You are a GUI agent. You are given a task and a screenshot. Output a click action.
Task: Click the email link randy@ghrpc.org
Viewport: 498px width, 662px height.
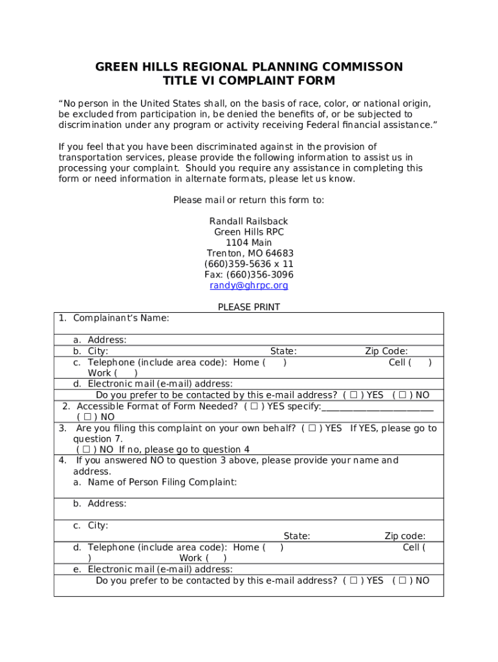click(x=249, y=285)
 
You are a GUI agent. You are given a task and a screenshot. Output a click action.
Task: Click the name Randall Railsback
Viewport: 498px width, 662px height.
click(x=249, y=221)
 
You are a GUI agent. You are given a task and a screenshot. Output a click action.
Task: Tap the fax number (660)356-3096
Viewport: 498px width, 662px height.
click(x=249, y=275)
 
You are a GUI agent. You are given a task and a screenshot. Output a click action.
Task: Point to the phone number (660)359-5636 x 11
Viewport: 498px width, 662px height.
click(x=249, y=264)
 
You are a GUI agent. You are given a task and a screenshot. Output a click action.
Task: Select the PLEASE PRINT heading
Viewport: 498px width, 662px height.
click(x=249, y=307)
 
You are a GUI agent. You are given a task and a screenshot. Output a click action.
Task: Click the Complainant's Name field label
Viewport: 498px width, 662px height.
click(x=121, y=318)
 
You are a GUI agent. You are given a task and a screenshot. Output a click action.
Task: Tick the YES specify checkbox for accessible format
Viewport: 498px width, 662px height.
click(x=255, y=406)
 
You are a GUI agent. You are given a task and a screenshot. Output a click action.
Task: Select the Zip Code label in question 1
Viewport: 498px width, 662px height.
click(x=386, y=351)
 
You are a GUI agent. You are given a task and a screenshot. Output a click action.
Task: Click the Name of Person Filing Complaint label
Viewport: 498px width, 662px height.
click(x=162, y=482)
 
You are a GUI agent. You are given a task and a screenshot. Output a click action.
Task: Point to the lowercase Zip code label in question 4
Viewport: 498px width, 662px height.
click(x=405, y=536)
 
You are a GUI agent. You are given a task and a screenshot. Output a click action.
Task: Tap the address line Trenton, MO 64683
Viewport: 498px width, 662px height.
click(x=249, y=253)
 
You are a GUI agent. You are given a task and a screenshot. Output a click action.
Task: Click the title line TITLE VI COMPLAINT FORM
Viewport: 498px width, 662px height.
click(x=249, y=81)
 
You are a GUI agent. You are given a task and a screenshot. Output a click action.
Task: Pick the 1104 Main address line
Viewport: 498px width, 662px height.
click(x=249, y=242)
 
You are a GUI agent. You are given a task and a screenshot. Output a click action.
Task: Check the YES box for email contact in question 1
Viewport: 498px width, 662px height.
click(x=354, y=395)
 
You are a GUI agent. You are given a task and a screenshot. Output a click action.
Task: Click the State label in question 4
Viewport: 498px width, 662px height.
click(x=297, y=536)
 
